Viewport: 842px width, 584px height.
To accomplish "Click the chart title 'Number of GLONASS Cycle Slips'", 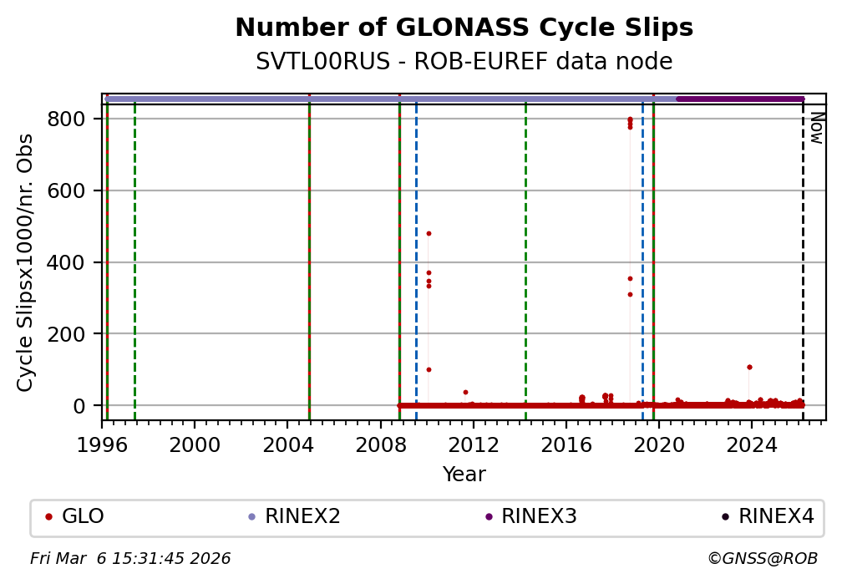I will (464, 28).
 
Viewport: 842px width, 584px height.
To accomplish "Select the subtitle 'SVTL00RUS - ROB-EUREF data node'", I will (464, 62).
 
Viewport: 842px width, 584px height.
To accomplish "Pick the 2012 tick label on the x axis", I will (473, 444).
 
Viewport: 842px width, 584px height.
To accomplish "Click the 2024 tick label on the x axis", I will (751, 444).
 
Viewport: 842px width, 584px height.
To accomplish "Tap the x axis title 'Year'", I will (464, 475).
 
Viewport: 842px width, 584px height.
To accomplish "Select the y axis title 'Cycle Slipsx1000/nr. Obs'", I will (26, 262).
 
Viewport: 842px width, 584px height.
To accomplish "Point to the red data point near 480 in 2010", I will (429, 233).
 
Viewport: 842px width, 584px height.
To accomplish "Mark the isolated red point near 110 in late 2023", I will (749, 367).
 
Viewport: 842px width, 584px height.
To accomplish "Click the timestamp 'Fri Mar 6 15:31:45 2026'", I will (130, 558).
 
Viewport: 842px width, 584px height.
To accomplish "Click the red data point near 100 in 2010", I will (429, 369).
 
